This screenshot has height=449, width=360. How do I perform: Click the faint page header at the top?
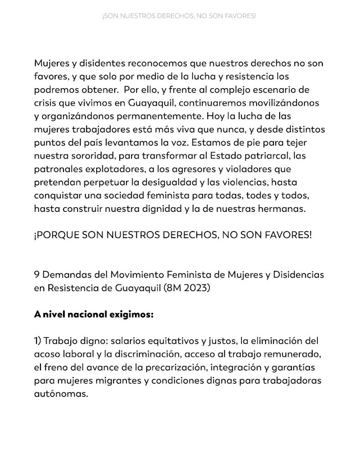(x=179, y=16)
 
